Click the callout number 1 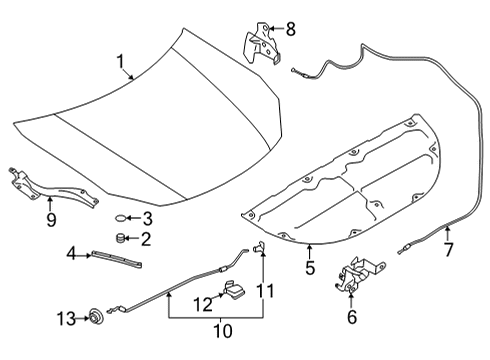120,62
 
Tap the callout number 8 291,29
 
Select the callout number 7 449,249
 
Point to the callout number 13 66,319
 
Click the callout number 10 223,331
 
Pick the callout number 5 310,268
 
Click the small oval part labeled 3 121,218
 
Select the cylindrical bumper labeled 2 119,238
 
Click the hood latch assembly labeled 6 358,273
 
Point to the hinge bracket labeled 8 262,43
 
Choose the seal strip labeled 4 116,260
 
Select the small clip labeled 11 259,247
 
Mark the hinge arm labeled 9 50,187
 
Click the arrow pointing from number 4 84,255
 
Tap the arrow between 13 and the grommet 83,319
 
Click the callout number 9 51,220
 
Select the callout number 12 203,305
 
